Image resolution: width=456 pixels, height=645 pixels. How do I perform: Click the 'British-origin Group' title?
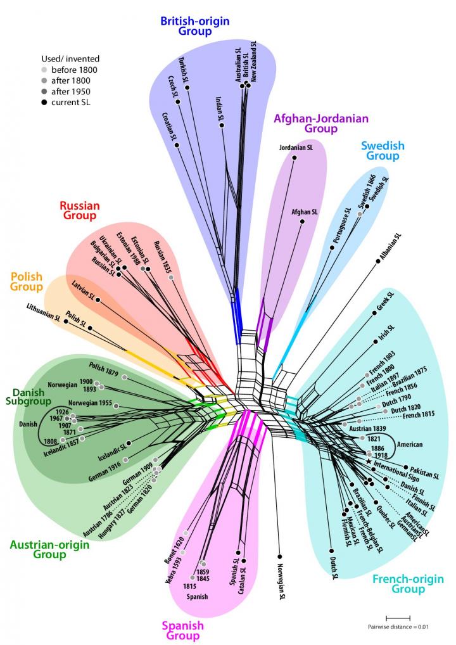(194, 27)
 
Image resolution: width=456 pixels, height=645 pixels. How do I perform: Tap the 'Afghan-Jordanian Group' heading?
(320, 123)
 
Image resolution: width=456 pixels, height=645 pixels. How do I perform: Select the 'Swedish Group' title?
(383, 151)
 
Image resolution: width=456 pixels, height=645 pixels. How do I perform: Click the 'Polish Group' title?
(27, 282)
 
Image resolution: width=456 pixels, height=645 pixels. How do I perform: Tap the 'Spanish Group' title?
(183, 630)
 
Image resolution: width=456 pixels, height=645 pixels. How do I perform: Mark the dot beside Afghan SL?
(303, 221)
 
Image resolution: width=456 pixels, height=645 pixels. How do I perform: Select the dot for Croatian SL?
(178, 146)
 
